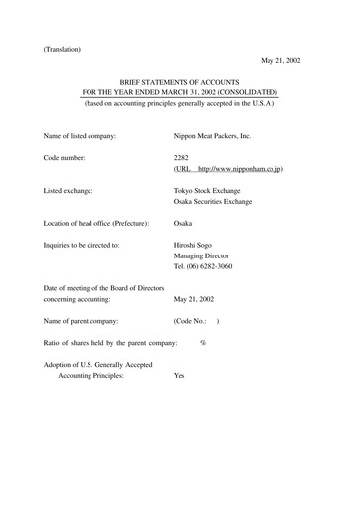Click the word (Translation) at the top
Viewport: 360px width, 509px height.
click(x=62, y=48)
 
